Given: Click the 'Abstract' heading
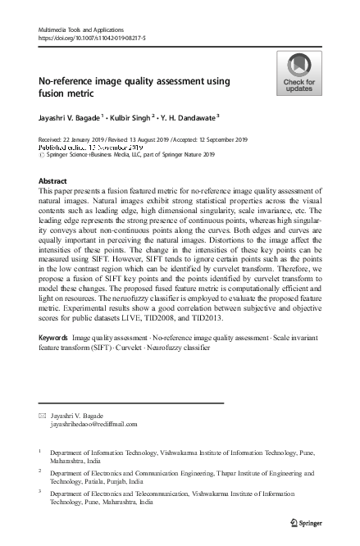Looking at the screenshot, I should click(55, 180).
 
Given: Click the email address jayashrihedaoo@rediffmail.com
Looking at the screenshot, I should click(94, 425).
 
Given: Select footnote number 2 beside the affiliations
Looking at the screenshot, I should click(40, 471).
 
